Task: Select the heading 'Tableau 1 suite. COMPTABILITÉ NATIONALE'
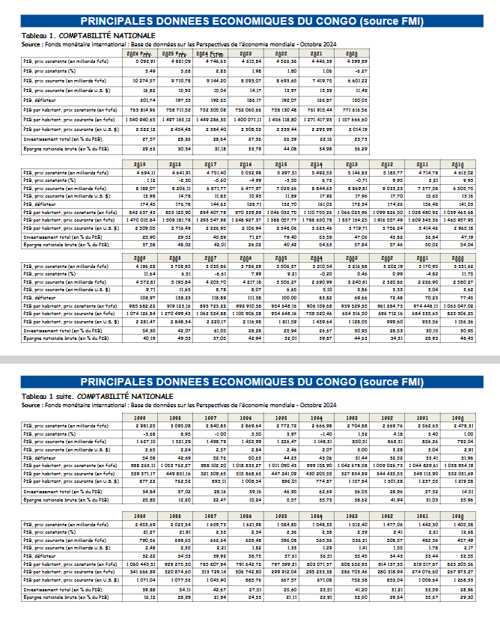coord(97,395)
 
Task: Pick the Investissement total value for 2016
coord(245,237)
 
